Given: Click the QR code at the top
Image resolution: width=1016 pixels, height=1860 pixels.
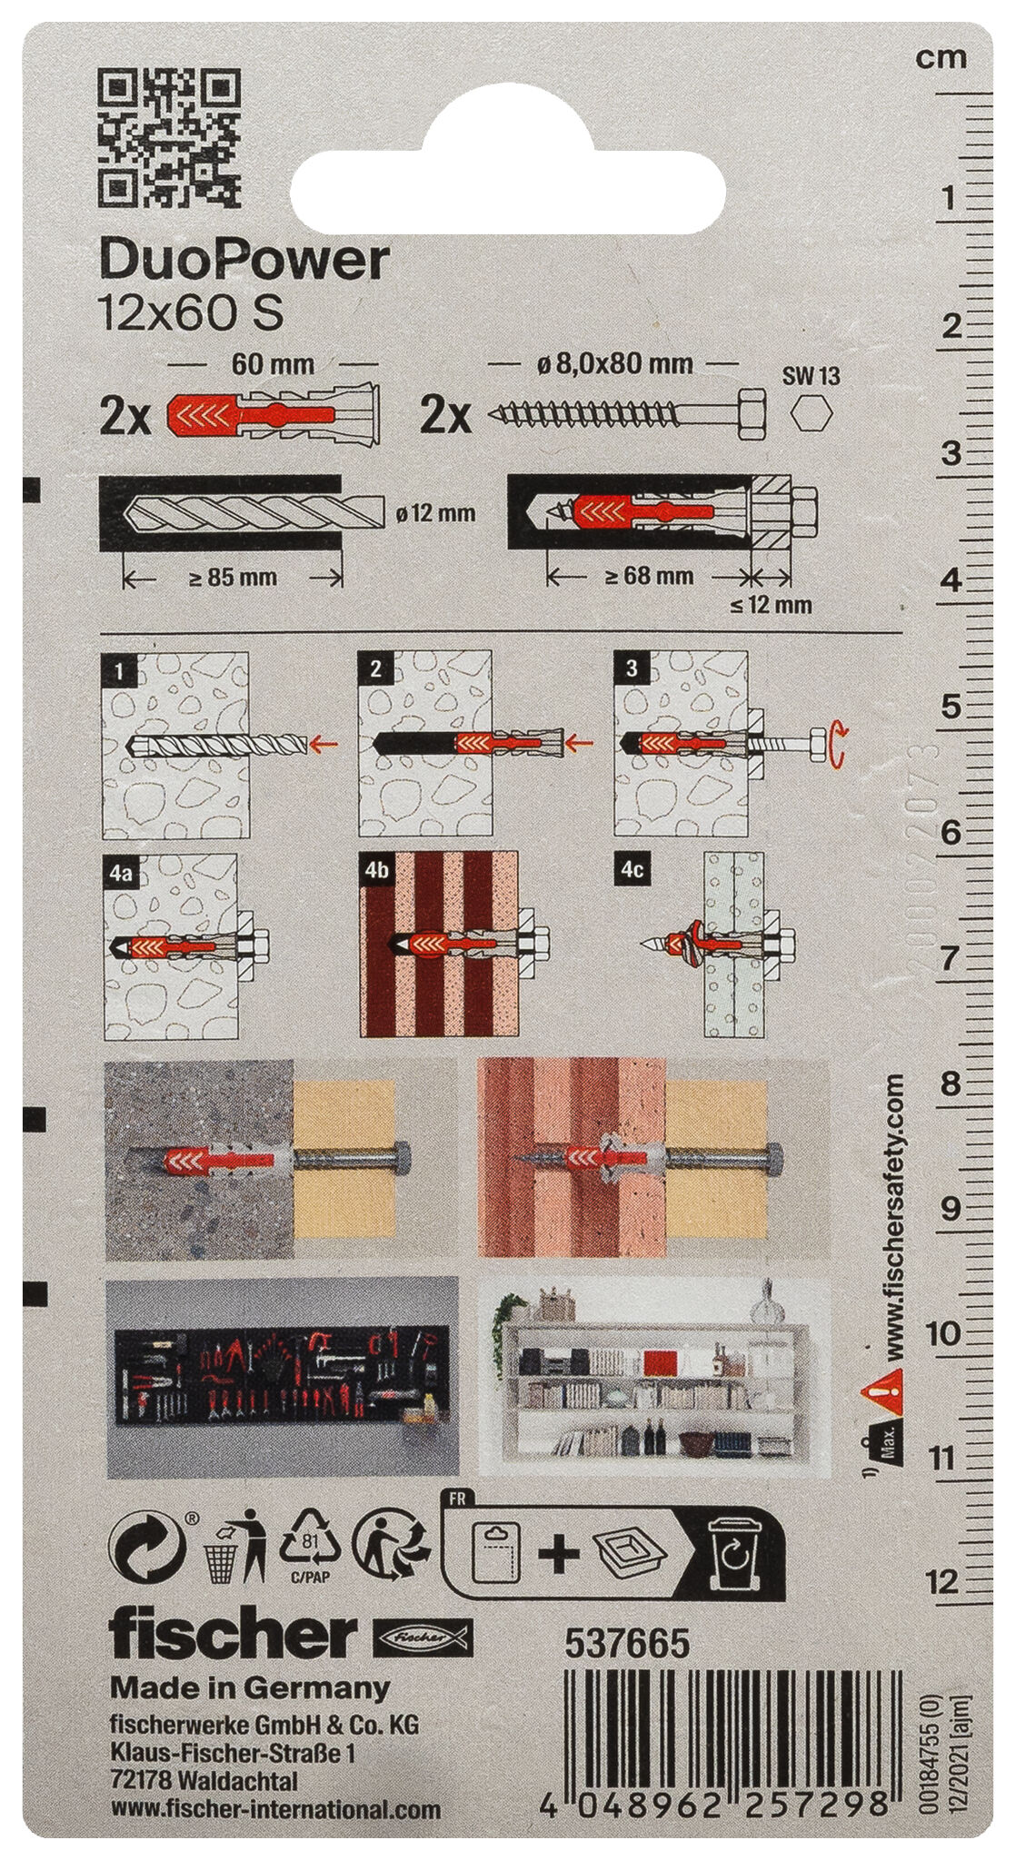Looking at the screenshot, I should click(x=169, y=137).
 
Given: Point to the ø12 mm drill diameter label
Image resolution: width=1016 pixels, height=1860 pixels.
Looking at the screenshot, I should click(x=435, y=513).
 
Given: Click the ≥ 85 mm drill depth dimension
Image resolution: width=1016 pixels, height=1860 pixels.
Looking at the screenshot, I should click(x=233, y=577).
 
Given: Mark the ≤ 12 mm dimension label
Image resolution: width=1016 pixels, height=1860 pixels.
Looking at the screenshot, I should click(x=771, y=604).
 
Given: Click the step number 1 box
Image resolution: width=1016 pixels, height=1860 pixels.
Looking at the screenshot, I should click(x=120, y=671).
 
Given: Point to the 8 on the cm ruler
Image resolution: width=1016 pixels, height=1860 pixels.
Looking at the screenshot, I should click(x=950, y=1083).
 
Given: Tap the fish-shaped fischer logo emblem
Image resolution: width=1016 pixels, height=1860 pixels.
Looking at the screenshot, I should click(x=423, y=1637).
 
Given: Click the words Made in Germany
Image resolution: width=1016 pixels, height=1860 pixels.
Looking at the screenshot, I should click(x=249, y=1688).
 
